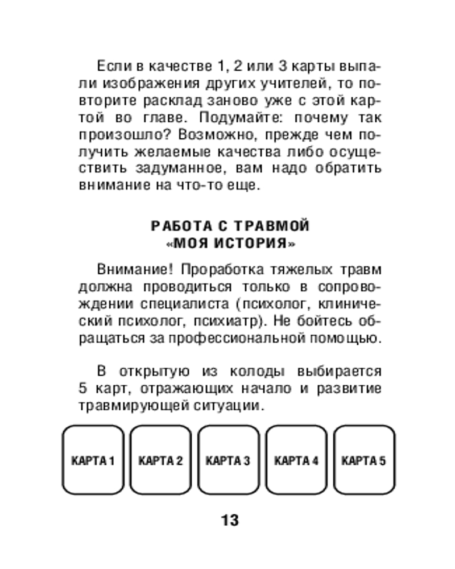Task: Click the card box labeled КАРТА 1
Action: tap(93, 460)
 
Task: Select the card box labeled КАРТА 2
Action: tap(160, 460)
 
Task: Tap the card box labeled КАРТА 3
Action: tap(227, 460)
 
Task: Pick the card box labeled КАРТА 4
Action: tap(296, 460)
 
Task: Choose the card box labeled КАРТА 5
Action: tap(363, 460)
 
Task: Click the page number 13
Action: tap(228, 519)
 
